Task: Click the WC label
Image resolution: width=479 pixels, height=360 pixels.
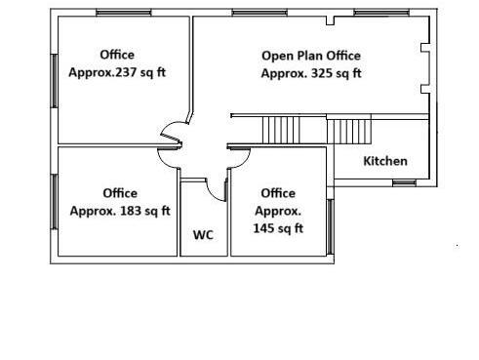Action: tap(203, 235)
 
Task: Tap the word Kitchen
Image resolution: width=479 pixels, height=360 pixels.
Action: tap(385, 161)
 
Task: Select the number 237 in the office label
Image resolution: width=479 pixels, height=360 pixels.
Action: tap(126, 72)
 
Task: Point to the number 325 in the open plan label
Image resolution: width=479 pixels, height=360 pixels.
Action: tap(322, 73)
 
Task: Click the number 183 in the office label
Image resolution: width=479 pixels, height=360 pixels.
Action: tap(131, 211)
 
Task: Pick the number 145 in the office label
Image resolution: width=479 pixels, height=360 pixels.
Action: tap(263, 228)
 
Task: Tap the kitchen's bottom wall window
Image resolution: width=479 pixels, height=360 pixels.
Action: tap(404, 183)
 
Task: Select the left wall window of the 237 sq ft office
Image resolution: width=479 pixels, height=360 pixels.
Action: tap(55, 81)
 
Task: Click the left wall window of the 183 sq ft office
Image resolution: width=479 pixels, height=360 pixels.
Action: tap(55, 202)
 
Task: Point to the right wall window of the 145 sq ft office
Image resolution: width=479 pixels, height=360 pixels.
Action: tap(330, 226)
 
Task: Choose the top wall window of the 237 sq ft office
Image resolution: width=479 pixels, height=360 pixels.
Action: tap(124, 13)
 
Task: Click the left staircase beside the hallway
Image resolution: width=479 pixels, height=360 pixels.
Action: tap(281, 130)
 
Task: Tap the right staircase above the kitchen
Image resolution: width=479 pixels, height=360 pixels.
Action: tap(349, 131)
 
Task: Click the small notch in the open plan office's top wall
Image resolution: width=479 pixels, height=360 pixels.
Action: tap(330, 20)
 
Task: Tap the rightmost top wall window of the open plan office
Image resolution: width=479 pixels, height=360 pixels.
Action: tap(381, 13)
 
